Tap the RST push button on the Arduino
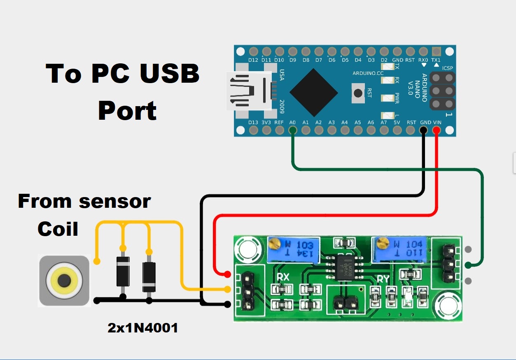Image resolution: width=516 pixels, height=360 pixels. (x=359, y=93)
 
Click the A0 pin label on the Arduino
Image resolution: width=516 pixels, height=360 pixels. (x=292, y=122)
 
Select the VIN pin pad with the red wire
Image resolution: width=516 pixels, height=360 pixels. (x=437, y=131)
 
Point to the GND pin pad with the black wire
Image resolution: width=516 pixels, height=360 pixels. (x=423, y=131)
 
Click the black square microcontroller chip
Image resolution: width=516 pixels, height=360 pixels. (x=314, y=92)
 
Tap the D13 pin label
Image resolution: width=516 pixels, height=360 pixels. (x=254, y=122)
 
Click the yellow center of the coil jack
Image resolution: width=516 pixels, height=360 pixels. (x=63, y=281)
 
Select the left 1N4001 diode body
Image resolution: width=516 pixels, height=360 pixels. (x=123, y=271)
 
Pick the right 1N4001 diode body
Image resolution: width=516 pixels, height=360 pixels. (x=149, y=276)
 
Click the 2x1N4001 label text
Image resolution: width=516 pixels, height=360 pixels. (x=142, y=328)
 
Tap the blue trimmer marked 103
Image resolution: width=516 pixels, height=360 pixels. (x=293, y=249)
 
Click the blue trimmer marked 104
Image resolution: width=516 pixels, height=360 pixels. (x=397, y=249)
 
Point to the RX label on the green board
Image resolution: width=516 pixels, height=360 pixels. (x=283, y=277)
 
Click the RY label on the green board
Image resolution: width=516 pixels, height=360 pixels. (x=383, y=279)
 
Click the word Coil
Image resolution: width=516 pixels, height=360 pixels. (x=58, y=229)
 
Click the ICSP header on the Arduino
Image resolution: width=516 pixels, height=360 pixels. (x=442, y=91)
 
